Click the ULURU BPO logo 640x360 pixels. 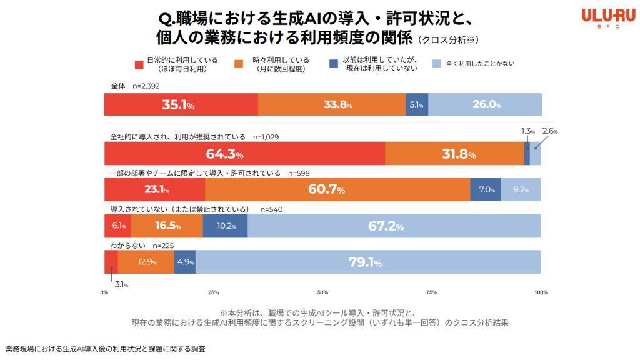pyautogui.click(x=608, y=19)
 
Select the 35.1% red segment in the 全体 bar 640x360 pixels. pyautogui.click(x=181, y=104)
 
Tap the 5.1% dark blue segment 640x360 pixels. pyautogui.click(x=417, y=104)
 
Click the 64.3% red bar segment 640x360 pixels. pyautogui.click(x=244, y=154)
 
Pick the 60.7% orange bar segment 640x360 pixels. pyautogui.click(x=337, y=189)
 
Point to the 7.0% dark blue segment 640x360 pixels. pyautogui.click(x=485, y=189)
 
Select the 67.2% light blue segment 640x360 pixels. pyautogui.click(x=394, y=226)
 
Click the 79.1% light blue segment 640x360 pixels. pyautogui.click(x=368, y=262)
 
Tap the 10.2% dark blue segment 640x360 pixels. pyautogui.click(x=225, y=226)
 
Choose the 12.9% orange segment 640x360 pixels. pyautogui.click(x=146, y=262)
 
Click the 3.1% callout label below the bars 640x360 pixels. pyautogui.click(x=121, y=284)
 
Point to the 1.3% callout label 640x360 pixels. pyautogui.click(x=527, y=131)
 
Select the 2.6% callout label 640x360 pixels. pyautogui.click(x=550, y=131)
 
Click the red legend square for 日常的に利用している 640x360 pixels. pyautogui.click(x=139, y=64)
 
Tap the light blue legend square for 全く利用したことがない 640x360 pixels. pyautogui.click(x=437, y=64)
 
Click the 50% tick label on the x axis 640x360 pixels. pyautogui.click(x=322, y=292)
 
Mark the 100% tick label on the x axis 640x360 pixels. pyautogui.click(x=541, y=292)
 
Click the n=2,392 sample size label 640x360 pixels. pyautogui.click(x=146, y=86)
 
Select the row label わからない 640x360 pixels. pyautogui.click(x=127, y=245)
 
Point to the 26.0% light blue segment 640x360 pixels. pyautogui.click(x=485, y=104)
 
